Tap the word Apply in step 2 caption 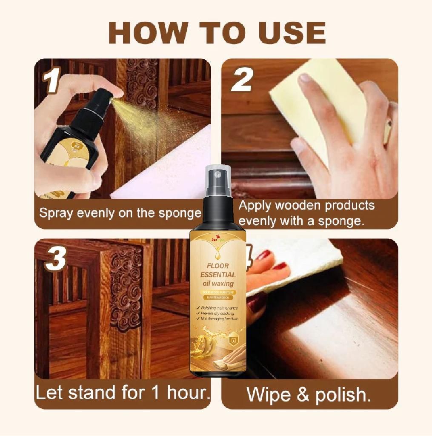255,206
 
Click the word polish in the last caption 343,395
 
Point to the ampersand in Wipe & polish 303,395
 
